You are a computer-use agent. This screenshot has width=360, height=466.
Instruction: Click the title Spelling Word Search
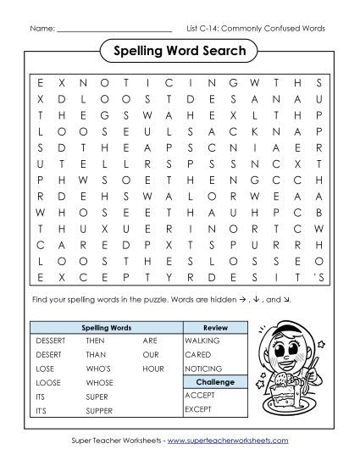(180, 53)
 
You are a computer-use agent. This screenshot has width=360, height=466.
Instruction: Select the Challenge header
(215, 382)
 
